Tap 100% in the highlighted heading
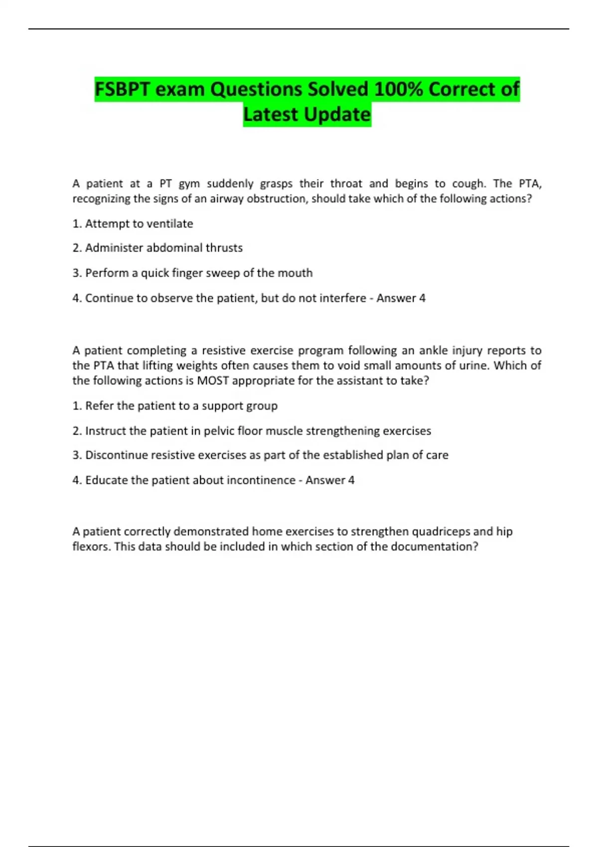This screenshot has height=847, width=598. pos(398,90)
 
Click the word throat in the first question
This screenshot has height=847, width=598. pos(346,183)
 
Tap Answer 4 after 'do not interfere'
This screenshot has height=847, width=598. pos(401,298)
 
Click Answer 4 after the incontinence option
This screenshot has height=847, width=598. pos(330,480)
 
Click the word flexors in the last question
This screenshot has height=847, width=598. pos(91,547)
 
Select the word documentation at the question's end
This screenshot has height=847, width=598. pos(434,547)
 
